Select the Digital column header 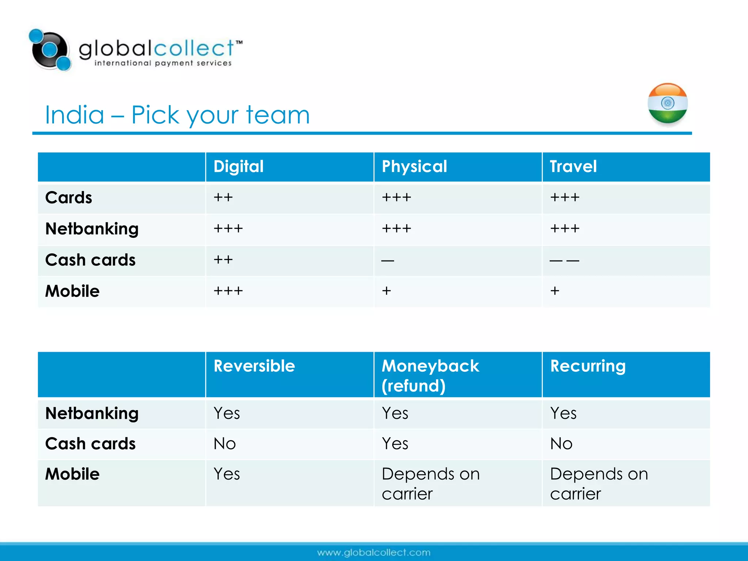(x=238, y=167)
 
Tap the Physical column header (x=414, y=167)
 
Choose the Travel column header (x=573, y=167)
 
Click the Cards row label (x=69, y=198)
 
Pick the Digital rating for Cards (x=223, y=198)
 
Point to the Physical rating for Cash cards (x=388, y=260)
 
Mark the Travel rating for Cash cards (x=564, y=260)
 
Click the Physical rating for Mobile (x=386, y=291)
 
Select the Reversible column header (x=254, y=366)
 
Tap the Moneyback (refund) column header (x=430, y=375)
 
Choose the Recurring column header (x=588, y=366)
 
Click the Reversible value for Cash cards (x=225, y=444)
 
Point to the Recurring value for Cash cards (x=561, y=444)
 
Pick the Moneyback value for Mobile (x=431, y=484)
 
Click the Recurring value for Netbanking (x=563, y=413)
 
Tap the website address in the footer (x=374, y=553)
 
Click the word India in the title (x=75, y=115)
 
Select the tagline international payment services (x=163, y=63)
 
